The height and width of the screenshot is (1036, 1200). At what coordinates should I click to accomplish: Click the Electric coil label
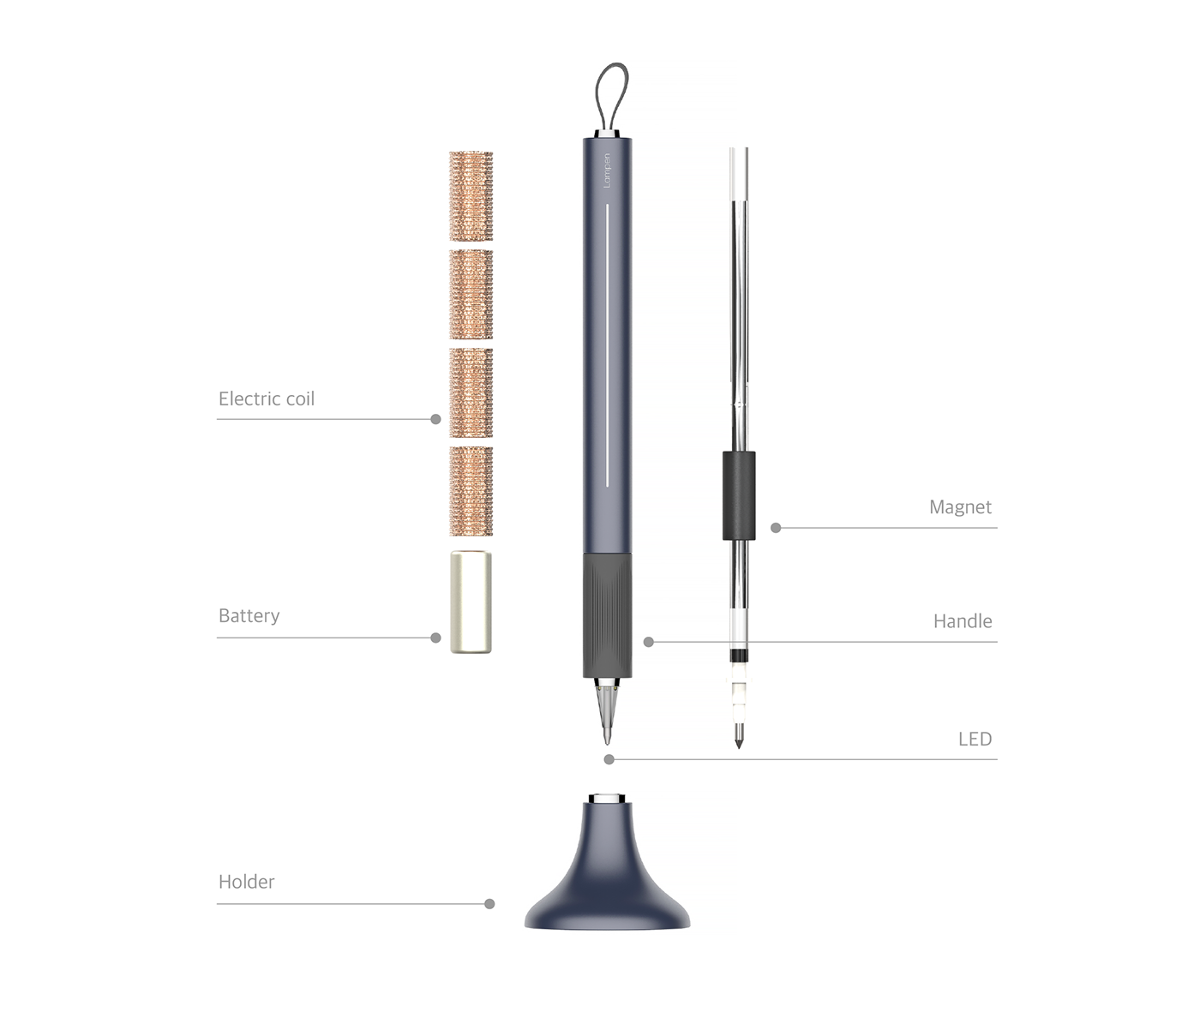tap(266, 398)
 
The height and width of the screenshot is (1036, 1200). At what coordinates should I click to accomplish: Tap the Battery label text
tap(249, 615)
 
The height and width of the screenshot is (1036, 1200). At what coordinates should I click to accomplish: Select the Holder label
tap(246, 882)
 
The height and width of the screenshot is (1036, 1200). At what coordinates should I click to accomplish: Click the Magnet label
tap(960, 507)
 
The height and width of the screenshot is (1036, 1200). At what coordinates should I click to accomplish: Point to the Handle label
tap(962, 621)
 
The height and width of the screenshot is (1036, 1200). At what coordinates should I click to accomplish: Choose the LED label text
tap(975, 740)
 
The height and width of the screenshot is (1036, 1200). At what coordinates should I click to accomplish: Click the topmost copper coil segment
tap(471, 196)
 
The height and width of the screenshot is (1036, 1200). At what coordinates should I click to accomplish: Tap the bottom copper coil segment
tap(471, 491)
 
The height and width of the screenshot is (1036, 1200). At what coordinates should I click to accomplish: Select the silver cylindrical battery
tap(471, 602)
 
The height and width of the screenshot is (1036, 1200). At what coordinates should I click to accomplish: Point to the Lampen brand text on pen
tap(607, 177)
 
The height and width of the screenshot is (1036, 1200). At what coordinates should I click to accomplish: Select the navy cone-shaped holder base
tap(608, 883)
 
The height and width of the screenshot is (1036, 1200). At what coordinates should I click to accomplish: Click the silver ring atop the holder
tap(608, 799)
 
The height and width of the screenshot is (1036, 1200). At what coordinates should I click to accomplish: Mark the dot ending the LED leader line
tap(609, 759)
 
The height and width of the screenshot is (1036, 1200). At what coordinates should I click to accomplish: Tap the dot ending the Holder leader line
tap(489, 904)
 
